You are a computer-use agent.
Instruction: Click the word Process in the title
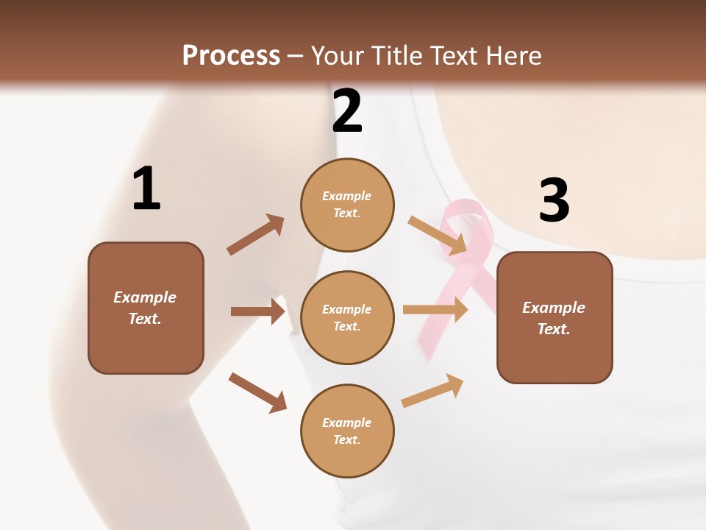point(231,55)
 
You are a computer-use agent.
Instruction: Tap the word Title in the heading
point(395,55)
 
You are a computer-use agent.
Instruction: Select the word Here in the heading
point(512,55)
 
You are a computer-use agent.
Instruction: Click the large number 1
point(146,188)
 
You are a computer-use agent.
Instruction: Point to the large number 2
point(347,111)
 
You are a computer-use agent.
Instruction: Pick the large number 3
point(554,201)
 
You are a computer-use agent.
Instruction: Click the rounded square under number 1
point(146,308)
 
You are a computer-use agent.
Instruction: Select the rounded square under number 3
point(555,317)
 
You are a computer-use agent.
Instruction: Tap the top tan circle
point(347,205)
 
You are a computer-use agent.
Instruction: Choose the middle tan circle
point(347,317)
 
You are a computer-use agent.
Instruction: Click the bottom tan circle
point(347,431)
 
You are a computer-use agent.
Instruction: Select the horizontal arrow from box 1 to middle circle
point(257,311)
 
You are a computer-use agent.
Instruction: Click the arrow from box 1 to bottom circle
point(257,392)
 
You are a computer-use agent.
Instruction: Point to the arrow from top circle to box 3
point(438,236)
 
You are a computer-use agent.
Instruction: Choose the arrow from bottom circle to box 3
point(432,390)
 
